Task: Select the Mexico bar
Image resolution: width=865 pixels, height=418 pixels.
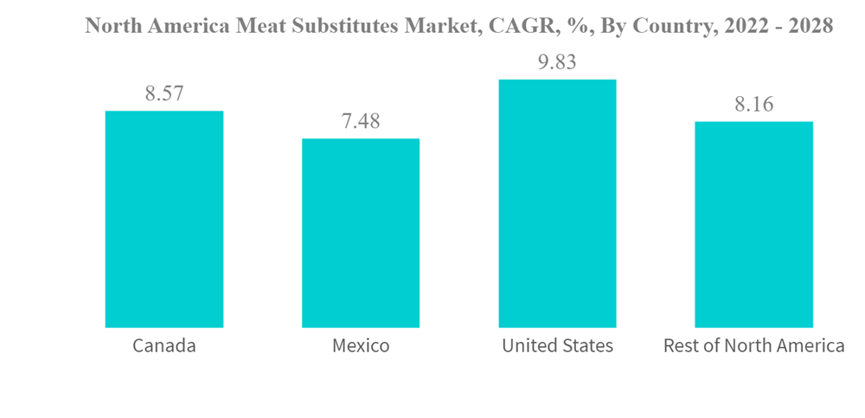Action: (361, 233)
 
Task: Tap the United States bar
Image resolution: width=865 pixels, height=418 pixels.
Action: (557, 203)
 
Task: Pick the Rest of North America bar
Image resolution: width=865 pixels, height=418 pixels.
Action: (753, 224)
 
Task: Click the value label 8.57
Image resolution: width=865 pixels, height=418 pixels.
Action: (164, 93)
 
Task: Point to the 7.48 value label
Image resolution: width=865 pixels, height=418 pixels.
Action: (361, 121)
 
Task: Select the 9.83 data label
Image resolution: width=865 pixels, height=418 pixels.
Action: (557, 62)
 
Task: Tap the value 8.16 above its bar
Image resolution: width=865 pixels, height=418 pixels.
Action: (753, 105)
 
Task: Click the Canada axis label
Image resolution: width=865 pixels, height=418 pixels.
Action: (164, 346)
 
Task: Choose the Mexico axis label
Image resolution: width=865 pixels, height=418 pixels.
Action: (361, 346)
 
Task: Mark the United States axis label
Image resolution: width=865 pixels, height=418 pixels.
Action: (557, 346)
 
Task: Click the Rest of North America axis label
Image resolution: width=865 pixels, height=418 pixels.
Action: (753, 346)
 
